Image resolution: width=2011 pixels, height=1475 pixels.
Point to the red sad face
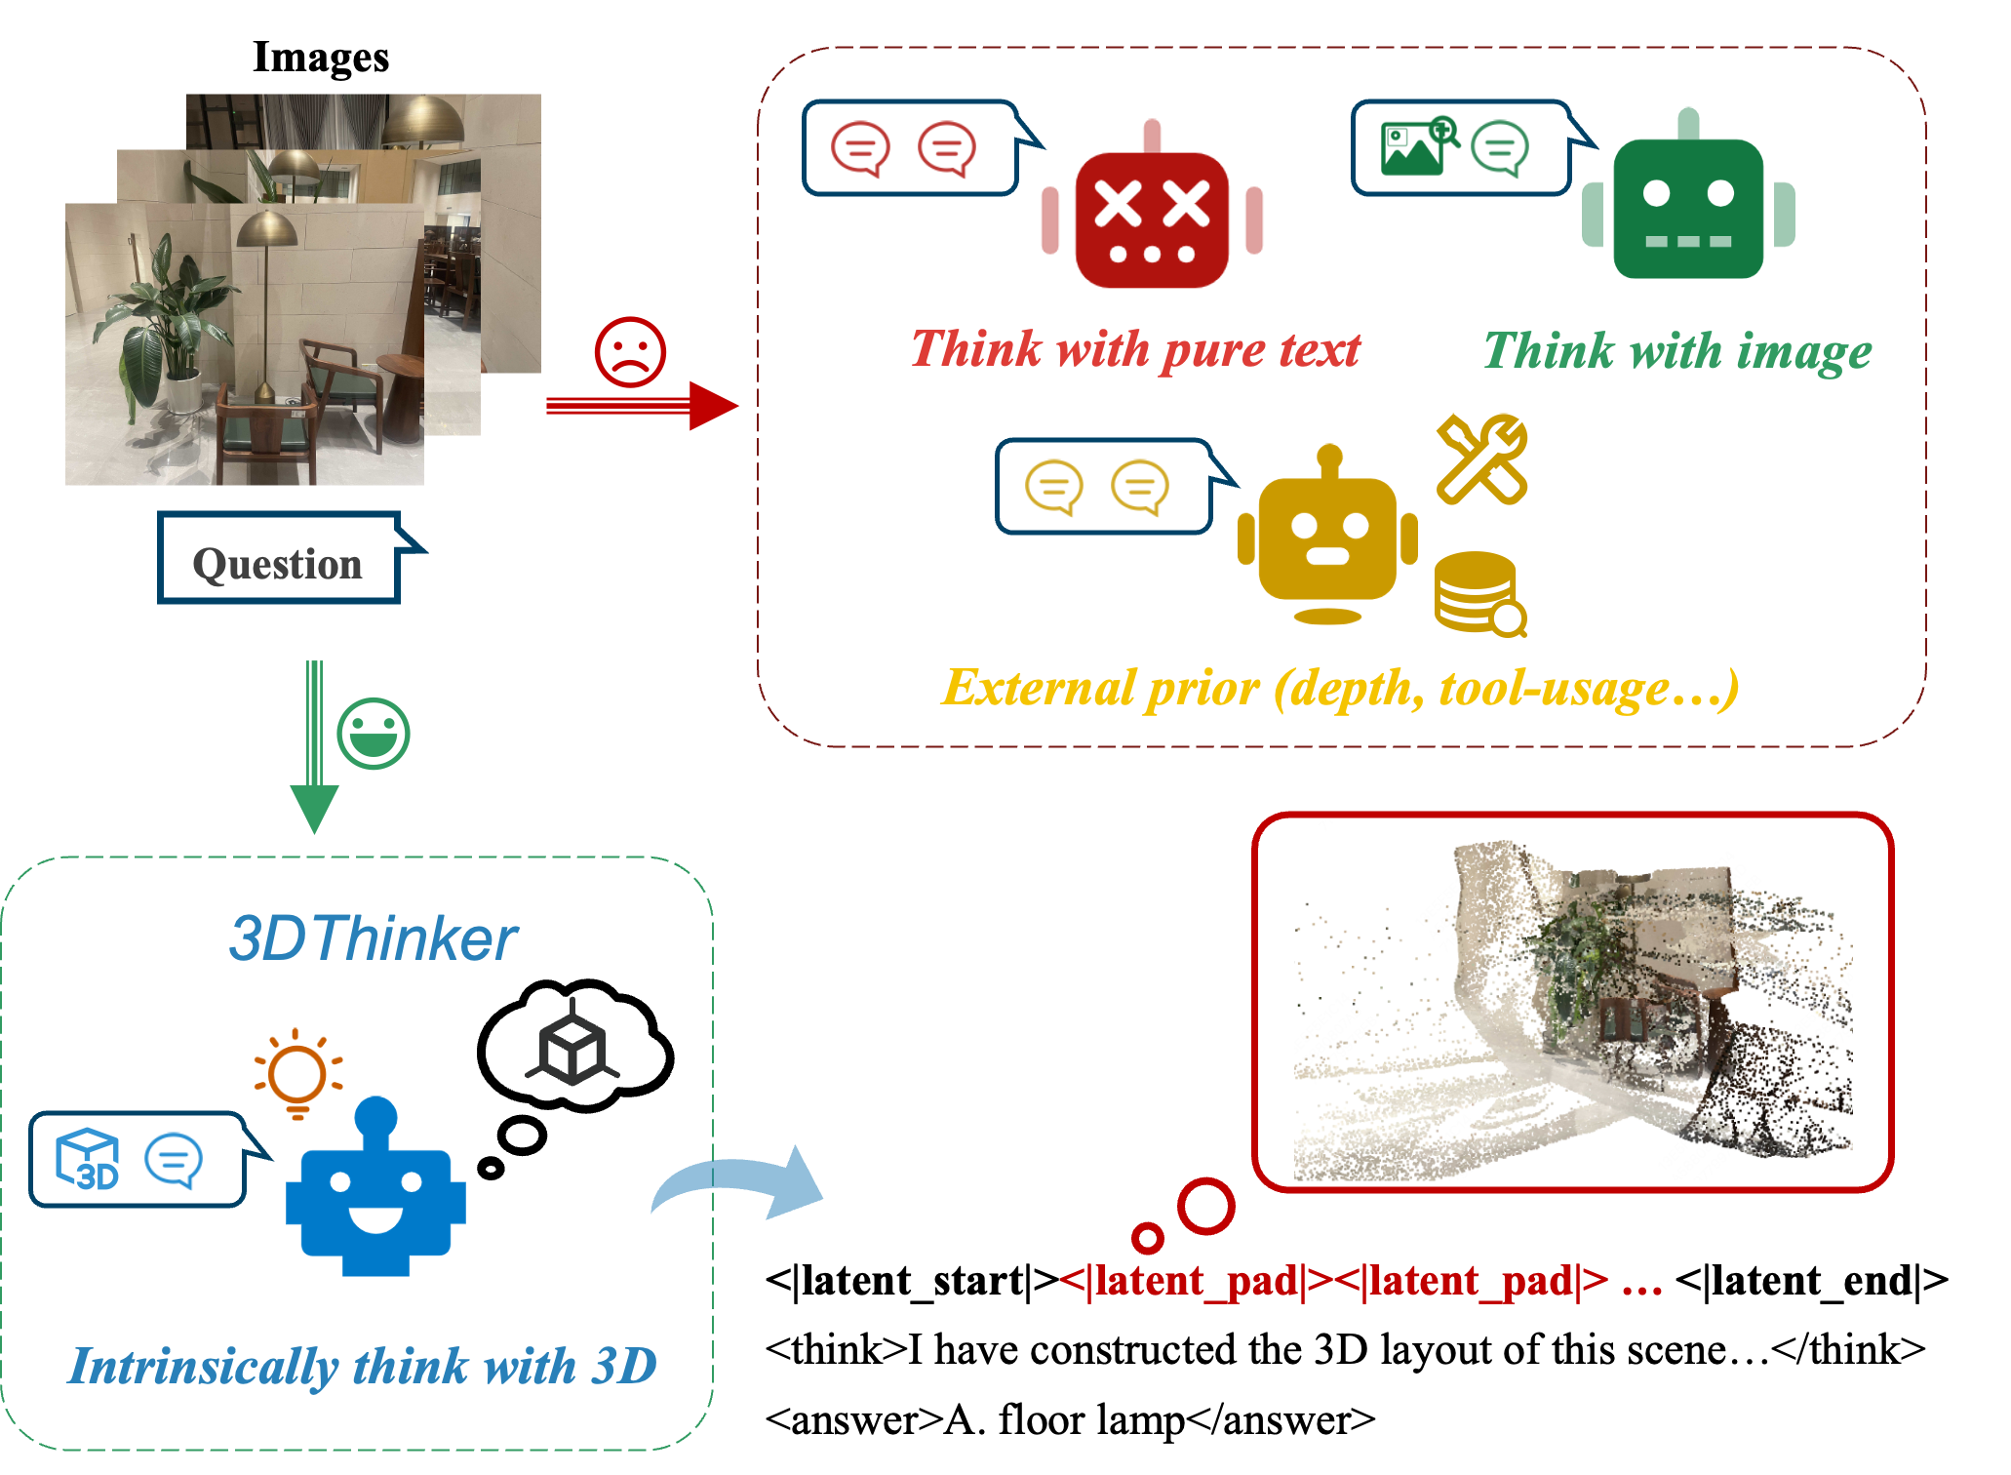(630, 352)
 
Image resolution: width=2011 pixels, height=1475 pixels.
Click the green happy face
(374, 734)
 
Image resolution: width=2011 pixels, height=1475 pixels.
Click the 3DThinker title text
(373, 938)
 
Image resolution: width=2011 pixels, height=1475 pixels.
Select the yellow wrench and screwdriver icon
(1481, 458)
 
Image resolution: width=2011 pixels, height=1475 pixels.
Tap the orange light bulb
(297, 1073)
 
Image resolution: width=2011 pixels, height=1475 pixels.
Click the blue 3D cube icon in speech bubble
(89, 1160)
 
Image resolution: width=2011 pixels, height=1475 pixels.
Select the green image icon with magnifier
(1418, 146)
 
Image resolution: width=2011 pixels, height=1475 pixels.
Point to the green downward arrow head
(314, 808)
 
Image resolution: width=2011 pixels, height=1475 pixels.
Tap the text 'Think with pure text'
(1135, 349)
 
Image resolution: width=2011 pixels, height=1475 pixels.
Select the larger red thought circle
(1206, 1206)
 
